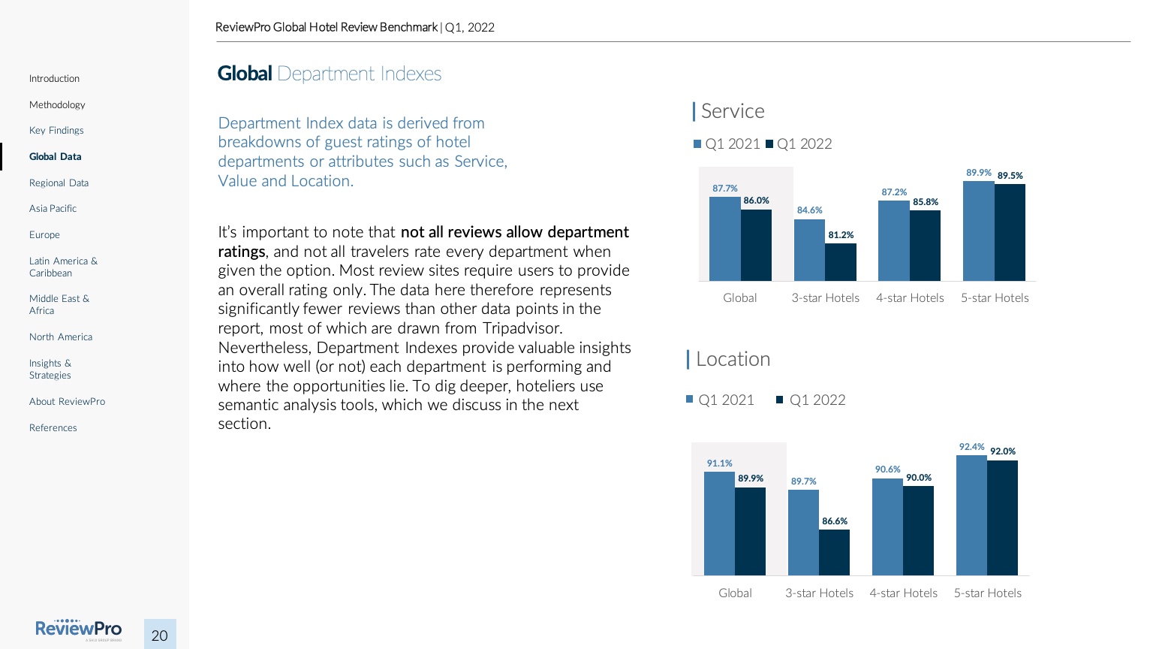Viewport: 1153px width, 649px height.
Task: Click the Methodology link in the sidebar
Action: (57, 104)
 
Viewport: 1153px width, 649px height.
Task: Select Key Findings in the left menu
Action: (56, 130)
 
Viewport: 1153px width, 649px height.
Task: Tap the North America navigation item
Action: (61, 337)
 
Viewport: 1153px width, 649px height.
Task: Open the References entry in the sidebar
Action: (53, 427)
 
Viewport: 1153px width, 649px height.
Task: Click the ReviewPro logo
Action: (78, 629)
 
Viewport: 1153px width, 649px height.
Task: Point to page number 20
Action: (160, 635)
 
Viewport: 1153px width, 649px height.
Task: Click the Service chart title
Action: (732, 111)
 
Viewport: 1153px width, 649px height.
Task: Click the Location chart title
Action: (733, 359)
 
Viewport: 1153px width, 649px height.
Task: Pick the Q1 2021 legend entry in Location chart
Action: (720, 400)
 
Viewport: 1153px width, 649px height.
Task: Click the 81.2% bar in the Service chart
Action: (840, 262)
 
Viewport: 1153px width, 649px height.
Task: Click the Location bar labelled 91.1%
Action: (719, 523)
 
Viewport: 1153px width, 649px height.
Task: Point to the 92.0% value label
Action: (1003, 451)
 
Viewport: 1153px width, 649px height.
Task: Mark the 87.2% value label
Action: (894, 192)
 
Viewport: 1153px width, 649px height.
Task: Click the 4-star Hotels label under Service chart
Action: (910, 297)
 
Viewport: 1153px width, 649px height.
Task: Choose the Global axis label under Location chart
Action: (735, 593)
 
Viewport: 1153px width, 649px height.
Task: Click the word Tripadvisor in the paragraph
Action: (522, 328)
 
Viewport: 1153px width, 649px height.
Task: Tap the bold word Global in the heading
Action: (245, 74)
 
